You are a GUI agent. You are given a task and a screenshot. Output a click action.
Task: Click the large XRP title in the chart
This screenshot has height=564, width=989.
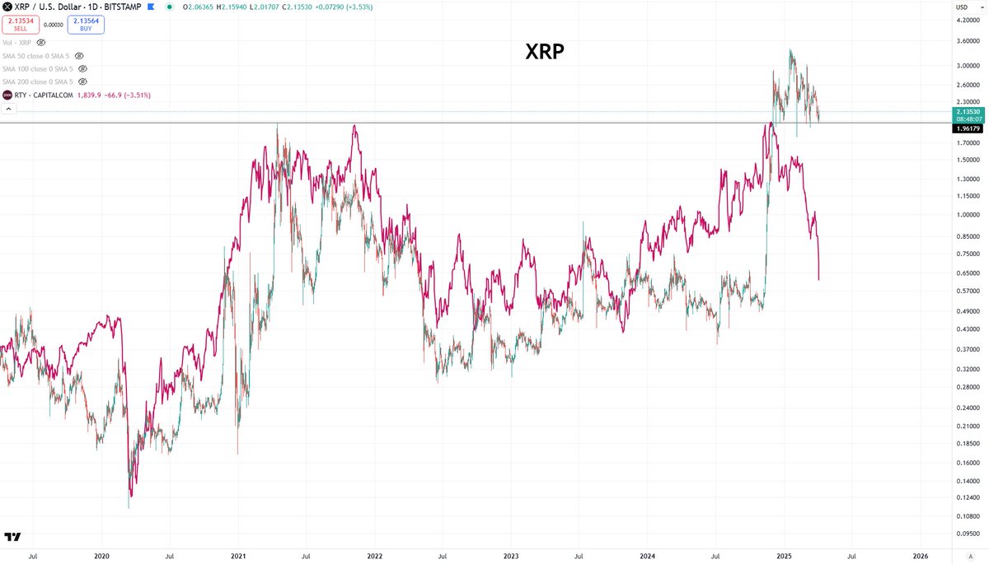click(x=545, y=53)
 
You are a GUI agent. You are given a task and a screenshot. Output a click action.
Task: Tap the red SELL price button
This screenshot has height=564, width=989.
click(x=20, y=24)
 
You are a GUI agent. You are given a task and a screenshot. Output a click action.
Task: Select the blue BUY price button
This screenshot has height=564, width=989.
click(x=86, y=24)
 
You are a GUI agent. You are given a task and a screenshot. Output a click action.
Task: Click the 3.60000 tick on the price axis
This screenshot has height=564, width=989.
click(x=966, y=40)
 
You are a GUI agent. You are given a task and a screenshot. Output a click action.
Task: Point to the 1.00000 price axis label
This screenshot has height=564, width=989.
click(x=966, y=215)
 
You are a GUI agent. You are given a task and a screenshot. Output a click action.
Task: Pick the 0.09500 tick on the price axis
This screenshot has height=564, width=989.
click(x=966, y=534)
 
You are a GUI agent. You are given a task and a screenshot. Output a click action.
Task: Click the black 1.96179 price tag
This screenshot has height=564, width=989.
click(x=966, y=128)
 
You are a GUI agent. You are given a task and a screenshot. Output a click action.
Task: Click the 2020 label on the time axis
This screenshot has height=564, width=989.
click(x=102, y=556)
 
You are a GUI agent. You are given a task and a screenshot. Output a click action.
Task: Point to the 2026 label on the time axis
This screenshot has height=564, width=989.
click(x=921, y=556)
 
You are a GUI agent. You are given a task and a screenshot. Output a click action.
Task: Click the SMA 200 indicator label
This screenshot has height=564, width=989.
click(x=37, y=82)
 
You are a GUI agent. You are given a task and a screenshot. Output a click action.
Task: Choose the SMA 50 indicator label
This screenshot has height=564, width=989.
click(x=35, y=55)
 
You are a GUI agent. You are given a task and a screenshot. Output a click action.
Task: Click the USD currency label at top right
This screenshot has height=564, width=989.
click(x=961, y=7)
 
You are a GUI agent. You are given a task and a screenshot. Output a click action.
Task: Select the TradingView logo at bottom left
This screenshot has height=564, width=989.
click(x=12, y=537)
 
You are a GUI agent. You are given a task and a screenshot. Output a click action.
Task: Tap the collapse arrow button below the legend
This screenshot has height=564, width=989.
click(x=8, y=110)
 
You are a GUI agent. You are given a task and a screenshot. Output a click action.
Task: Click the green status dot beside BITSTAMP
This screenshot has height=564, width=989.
click(x=169, y=8)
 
